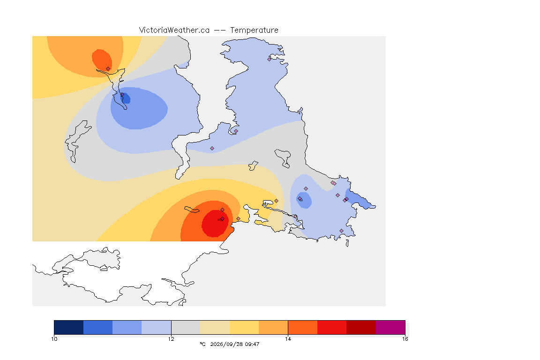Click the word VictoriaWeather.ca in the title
[174, 30]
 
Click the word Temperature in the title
[254, 30]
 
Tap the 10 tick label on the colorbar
[54, 339]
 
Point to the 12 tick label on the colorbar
[171, 339]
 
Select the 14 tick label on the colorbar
[288, 339]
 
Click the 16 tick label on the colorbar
[405, 339]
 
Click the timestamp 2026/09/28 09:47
[234, 344]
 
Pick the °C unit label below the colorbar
[202, 344]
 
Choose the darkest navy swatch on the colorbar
[69, 327]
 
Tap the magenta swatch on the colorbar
[390, 327]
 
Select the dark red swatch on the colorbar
[361, 327]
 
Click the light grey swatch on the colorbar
[186, 327]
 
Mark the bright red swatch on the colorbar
[332, 327]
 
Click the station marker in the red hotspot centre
[223, 219]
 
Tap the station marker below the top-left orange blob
[108, 69]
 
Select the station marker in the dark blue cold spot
[122, 95]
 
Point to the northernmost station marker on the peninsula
[270, 59]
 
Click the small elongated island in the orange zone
[192, 210]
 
